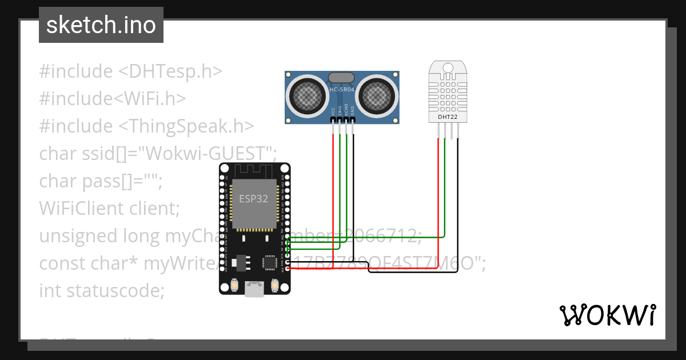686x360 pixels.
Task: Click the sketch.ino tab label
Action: pyautogui.click(x=101, y=25)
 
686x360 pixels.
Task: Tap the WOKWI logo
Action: pyautogui.click(x=607, y=315)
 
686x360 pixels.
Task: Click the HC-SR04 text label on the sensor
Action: pyautogui.click(x=341, y=90)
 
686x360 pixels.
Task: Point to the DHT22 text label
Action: pyautogui.click(x=447, y=117)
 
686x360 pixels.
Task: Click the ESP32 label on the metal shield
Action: pyautogui.click(x=253, y=199)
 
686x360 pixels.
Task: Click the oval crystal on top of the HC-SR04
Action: pyautogui.click(x=341, y=77)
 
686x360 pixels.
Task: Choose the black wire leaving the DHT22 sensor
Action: pyautogui.click(x=457, y=200)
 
